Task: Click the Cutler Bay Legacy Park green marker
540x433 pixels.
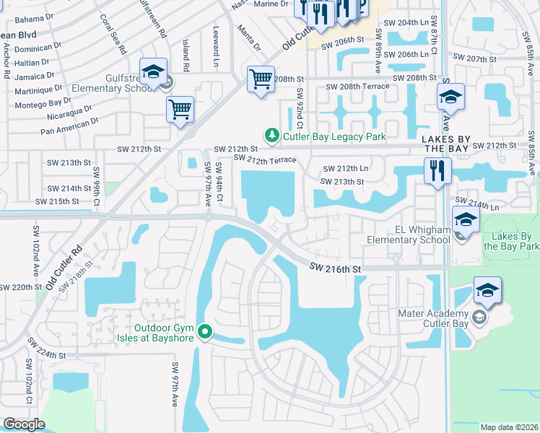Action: point(271,135)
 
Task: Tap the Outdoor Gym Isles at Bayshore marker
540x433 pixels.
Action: point(206,332)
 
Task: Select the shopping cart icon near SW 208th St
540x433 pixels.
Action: point(261,79)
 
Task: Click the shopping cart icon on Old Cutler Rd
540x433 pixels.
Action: point(180,110)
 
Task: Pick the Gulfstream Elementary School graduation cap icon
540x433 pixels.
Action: point(153,71)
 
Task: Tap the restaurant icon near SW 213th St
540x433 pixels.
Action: point(437,171)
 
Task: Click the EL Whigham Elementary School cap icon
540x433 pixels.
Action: point(465,220)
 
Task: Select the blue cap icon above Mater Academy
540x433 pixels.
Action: point(487,290)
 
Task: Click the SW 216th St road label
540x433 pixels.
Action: point(334,268)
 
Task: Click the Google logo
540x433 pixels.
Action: point(24,424)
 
